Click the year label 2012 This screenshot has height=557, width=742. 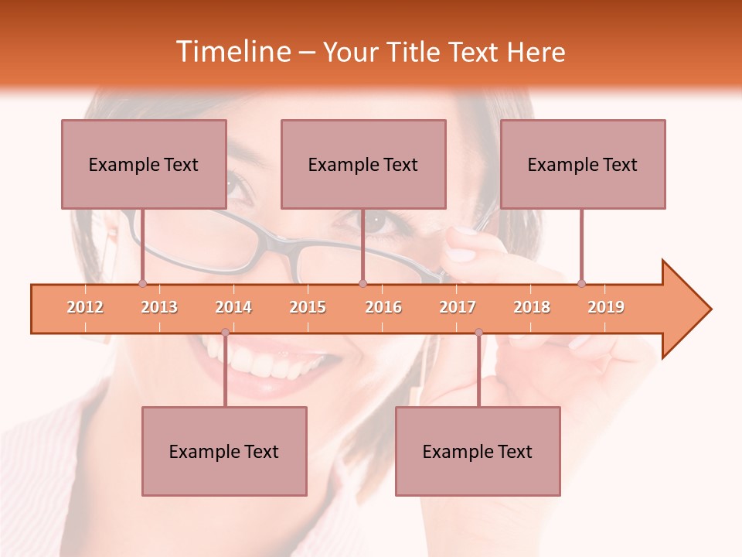pos(85,307)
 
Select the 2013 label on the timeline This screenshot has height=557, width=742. pos(159,307)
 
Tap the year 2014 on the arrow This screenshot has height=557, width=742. pos(233,307)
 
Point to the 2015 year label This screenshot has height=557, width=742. pos(308,307)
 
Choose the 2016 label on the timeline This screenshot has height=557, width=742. pos(383,307)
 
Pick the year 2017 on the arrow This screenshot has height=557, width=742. pos(458,307)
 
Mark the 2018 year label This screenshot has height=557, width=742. pos(532,307)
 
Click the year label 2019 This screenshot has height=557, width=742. pos(606,307)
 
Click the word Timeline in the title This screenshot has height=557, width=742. pos(232,52)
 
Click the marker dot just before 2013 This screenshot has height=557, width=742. pos(142,284)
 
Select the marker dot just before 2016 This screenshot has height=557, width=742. pos(362,284)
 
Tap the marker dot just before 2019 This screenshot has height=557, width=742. pos(581,284)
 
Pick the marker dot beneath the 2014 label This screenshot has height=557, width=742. pos(225,332)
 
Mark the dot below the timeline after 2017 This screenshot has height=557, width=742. pos(478,332)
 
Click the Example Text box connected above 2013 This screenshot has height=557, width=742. pos(144,164)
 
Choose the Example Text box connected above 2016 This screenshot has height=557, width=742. pos(363,164)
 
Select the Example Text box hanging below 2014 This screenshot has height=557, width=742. pos(224,451)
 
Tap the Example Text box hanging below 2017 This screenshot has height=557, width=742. pos(478,451)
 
